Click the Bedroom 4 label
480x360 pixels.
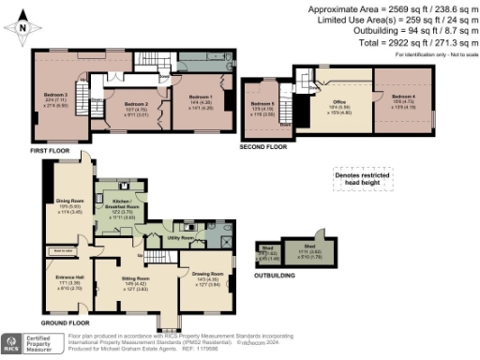pyautogui.click(x=403, y=98)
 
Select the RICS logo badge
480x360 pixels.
pyautogui.click(x=13, y=343)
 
